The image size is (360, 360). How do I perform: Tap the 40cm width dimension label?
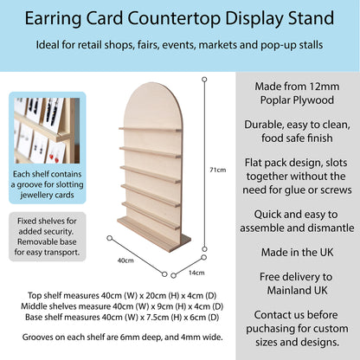[x=125, y=260]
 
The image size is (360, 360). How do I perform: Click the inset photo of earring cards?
[x=41, y=131]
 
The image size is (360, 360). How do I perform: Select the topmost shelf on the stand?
[x=151, y=130]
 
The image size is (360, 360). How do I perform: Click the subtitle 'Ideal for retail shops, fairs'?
[x=180, y=45]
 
